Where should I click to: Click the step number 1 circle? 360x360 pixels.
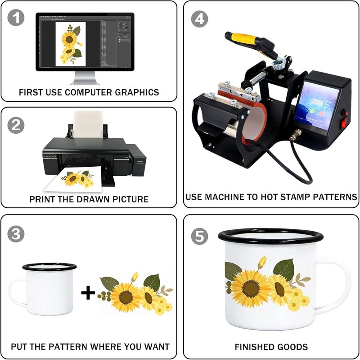(16, 18)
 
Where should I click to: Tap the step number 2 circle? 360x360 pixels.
(16, 125)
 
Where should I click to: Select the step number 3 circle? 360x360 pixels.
(16, 234)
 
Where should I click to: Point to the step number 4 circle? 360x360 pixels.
(199, 19)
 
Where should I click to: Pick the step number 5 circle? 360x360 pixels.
(199, 237)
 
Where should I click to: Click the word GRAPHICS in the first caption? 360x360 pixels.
(137, 92)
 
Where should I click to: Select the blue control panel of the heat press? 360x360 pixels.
(317, 105)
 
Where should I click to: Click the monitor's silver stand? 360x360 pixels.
(85, 78)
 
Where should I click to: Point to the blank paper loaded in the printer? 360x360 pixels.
(88, 125)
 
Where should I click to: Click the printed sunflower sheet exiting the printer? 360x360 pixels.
(73, 180)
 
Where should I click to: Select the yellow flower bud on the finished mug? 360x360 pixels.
(262, 263)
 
